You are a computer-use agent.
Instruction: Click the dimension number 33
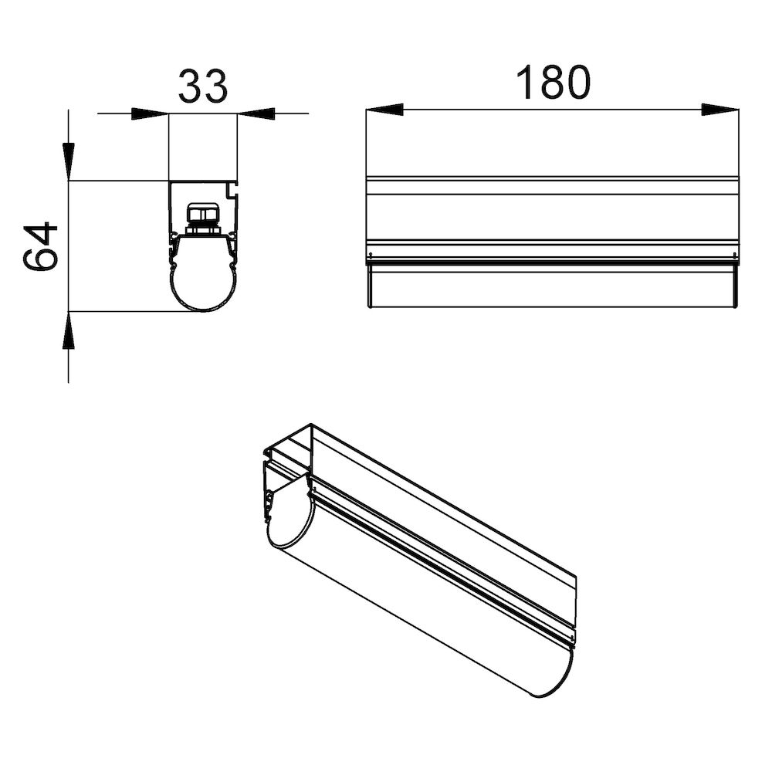[203, 86]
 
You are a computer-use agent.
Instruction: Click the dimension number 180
[553, 82]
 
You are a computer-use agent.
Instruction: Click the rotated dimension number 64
[40, 246]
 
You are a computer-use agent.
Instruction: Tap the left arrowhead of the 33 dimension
[150, 113]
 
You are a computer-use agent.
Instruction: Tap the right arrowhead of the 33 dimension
[256, 113]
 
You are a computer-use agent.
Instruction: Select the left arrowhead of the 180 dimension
[384, 110]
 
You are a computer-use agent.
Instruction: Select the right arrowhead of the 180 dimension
[720, 110]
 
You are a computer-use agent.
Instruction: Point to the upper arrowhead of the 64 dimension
[69, 162]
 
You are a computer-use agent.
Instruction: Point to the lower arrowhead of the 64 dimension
[69, 330]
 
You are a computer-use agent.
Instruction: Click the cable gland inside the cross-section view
[203, 220]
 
